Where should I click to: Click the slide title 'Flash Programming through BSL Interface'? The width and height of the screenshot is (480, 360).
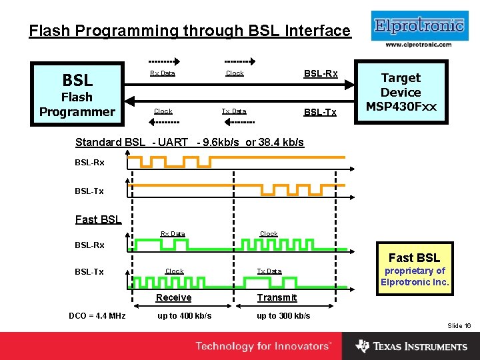pyautogui.click(x=189, y=31)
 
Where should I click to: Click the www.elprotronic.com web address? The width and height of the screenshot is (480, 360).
pyautogui.click(x=419, y=45)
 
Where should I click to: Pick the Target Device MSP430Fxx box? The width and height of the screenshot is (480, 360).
pyautogui.click(x=401, y=93)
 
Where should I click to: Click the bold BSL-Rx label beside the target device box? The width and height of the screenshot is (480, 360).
pyautogui.click(x=321, y=73)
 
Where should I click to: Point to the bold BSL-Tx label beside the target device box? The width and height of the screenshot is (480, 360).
pyautogui.click(x=321, y=112)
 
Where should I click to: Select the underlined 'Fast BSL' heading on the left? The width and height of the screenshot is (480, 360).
pyautogui.click(x=98, y=219)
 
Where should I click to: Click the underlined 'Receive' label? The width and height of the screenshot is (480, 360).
pyautogui.click(x=173, y=297)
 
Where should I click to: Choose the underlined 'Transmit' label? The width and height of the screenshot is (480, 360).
pyautogui.click(x=277, y=297)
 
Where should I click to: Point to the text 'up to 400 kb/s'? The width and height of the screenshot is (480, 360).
pyautogui.click(x=185, y=315)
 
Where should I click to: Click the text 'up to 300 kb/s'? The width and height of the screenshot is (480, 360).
pyautogui.click(x=283, y=315)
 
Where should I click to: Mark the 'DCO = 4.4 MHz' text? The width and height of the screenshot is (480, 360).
pyautogui.click(x=97, y=315)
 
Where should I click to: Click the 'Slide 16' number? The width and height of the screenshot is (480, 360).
pyautogui.click(x=459, y=325)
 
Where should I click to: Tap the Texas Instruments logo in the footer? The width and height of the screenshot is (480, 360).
pyautogui.click(x=411, y=346)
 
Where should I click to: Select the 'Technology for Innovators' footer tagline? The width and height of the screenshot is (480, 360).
pyautogui.click(x=263, y=346)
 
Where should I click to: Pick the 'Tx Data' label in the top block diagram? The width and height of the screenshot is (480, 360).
pyautogui.click(x=234, y=111)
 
